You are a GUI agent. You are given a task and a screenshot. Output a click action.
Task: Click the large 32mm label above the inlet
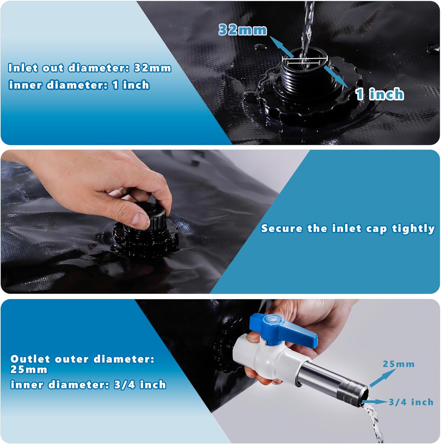(x=243, y=30)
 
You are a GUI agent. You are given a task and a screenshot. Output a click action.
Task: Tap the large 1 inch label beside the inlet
(x=380, y=94)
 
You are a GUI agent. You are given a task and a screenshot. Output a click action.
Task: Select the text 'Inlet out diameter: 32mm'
(x=90, y=68)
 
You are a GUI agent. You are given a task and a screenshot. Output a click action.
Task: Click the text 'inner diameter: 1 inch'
(x=79, y=85)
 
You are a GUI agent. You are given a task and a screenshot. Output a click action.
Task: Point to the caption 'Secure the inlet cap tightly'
(x=348, y=229)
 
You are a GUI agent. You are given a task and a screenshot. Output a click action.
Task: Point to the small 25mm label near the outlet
(x=399, y=364)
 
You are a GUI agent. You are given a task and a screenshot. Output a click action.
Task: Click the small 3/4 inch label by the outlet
(x=411, y=402)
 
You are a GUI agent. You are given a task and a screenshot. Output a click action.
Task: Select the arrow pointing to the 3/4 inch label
(x=374, y=402)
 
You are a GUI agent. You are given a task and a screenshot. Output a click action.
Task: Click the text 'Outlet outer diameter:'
(x=82, y=359)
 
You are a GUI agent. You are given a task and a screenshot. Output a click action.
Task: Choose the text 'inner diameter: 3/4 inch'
(x=88, y=385)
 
